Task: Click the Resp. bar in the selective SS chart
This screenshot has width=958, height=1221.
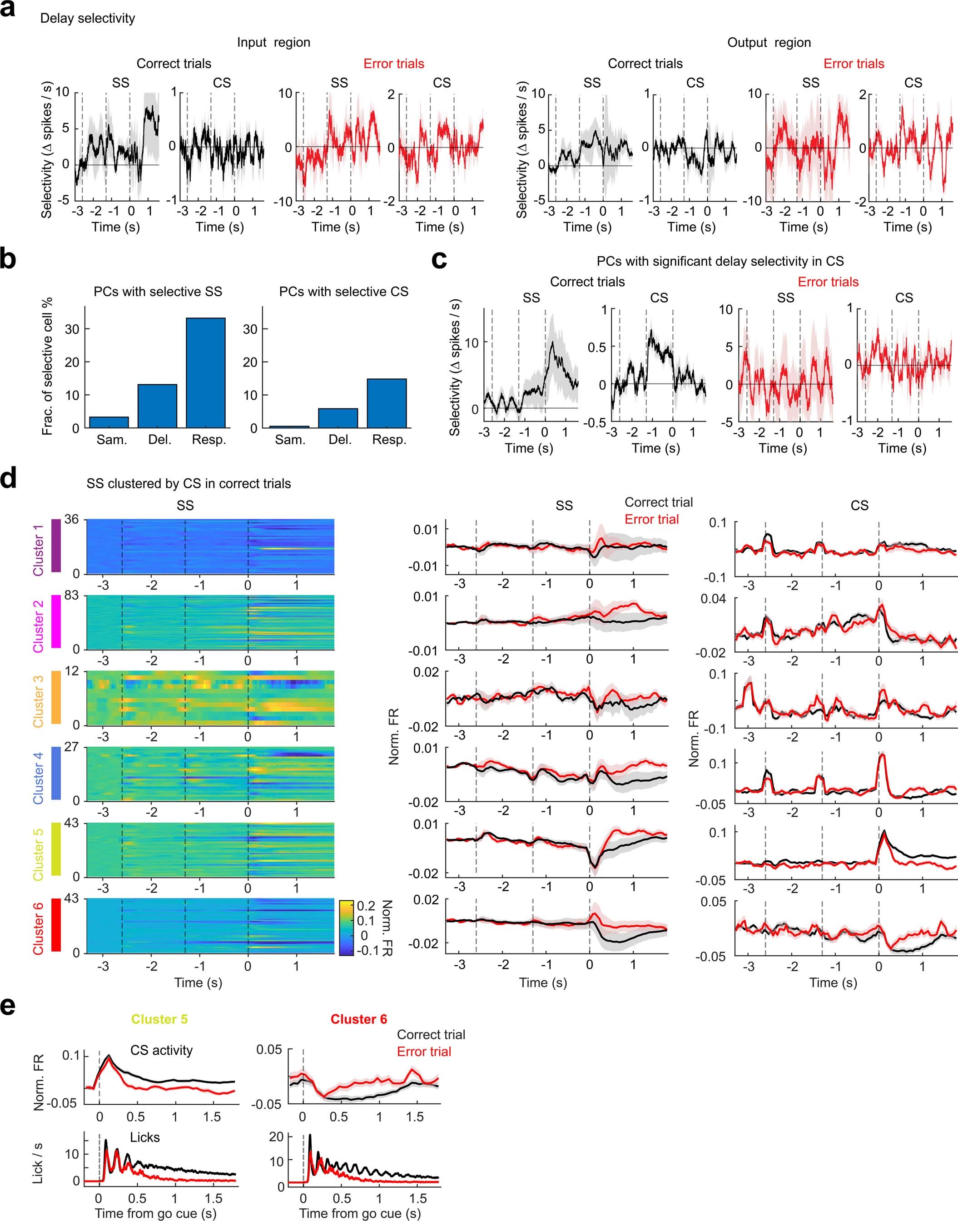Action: [206, 372]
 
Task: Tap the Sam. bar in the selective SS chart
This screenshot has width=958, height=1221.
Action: [109, 422]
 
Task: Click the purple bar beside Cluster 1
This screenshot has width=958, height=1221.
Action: [55, 546]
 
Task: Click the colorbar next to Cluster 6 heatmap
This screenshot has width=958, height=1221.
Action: [346, 927]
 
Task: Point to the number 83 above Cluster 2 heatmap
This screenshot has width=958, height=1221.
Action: [71, 596]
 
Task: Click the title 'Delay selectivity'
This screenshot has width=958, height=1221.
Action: [88, 19]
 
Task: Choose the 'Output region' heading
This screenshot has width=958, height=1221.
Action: [769, 43]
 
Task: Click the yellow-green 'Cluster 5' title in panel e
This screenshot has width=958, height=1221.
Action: [159, 1019]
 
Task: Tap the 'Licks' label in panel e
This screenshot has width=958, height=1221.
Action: [145, 1137]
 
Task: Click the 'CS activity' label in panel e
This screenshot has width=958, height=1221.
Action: [162, 1050]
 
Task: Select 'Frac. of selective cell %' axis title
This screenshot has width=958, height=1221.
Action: [47, 366]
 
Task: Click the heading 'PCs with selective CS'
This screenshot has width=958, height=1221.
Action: [343, 292]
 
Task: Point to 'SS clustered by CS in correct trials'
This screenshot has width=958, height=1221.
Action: [189, 483]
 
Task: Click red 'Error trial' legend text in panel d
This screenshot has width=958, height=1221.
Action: [651, 519]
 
